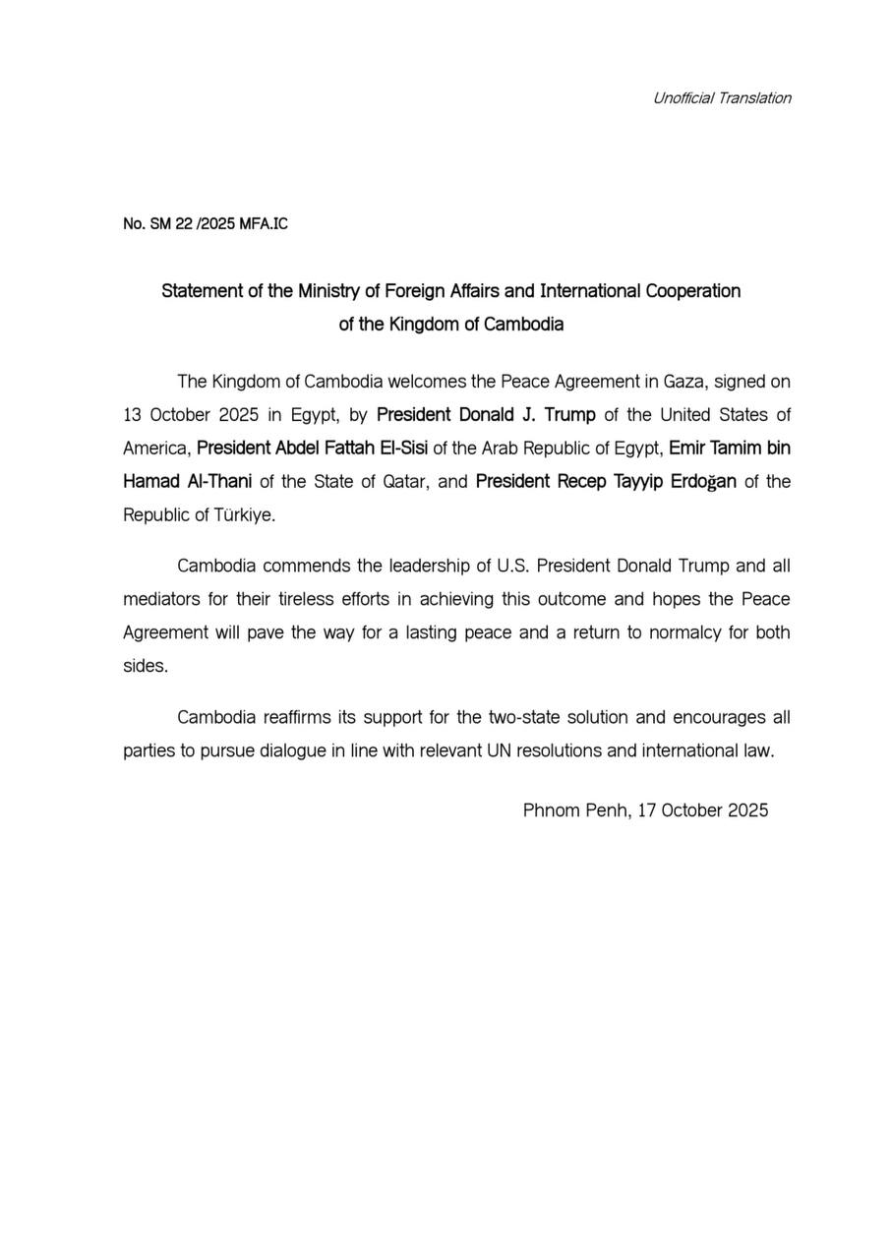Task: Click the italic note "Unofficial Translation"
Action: [722, 97]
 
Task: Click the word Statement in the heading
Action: [201, 291]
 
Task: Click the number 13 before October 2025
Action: [133, 415]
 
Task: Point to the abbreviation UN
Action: [499, 751]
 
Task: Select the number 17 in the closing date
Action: [647, 810]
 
